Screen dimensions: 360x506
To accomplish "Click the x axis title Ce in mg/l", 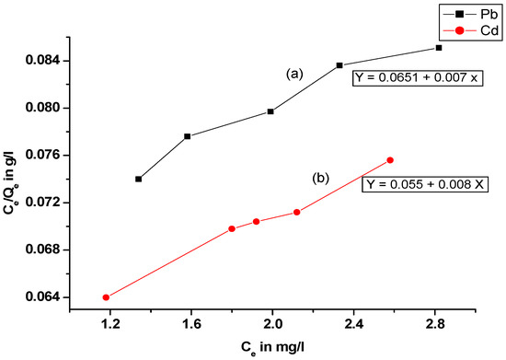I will [273, 348].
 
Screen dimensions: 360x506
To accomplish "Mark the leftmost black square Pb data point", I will [138, 179].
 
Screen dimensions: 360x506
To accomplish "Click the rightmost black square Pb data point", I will [439, 47].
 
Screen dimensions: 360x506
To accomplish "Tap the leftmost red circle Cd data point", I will [106, 297].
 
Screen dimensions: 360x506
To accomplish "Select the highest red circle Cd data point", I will [390, 160].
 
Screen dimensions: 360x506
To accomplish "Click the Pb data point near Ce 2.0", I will [270, 111].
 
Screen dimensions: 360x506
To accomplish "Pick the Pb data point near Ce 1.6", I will [187, 136].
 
